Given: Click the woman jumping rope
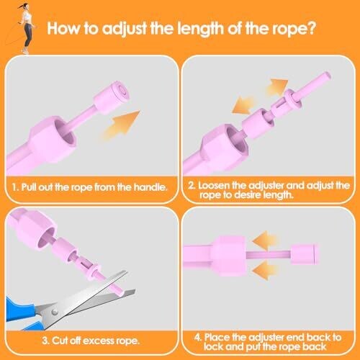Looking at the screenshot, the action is coord(27,27).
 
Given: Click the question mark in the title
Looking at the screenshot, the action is coord(310,28).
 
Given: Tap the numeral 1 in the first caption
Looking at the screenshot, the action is coord(14,187).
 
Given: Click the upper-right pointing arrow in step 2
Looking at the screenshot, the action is coord(276,87).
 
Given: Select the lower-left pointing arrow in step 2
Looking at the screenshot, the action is coord(243,105).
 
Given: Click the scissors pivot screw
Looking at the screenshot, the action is coord(55,312).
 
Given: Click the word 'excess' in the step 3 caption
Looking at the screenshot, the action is coord(99,341).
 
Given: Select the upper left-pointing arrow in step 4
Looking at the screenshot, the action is coord(265,240).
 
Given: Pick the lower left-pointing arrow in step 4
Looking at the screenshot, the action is coord(265,271).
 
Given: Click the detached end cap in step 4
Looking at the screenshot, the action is coord(304,254).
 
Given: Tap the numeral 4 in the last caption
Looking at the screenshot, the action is coord(197,338).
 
